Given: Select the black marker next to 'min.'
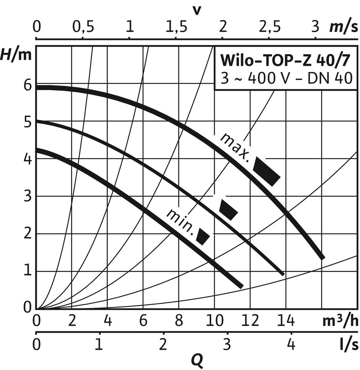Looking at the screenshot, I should [203, 236].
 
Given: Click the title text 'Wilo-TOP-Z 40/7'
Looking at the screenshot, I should [285, 61].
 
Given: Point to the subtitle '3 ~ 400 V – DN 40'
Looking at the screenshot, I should [285, 78].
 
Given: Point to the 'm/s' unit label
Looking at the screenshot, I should [344, 27].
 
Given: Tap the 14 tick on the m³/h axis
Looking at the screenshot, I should [286, 321].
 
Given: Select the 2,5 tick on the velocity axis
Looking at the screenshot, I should [269, 27].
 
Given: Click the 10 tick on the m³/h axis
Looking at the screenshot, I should [214, 321].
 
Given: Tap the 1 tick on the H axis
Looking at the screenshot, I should [27, 271].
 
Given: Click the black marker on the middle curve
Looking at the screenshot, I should [228, 209].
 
